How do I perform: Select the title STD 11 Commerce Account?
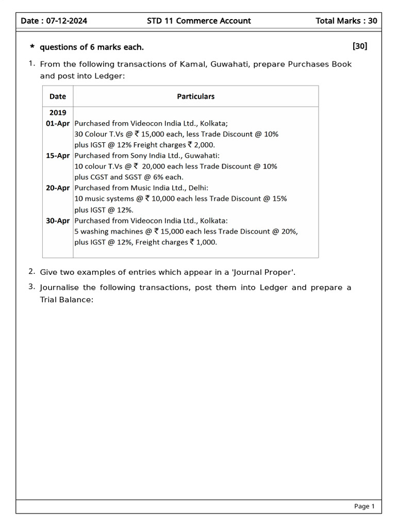[x=199, y=21]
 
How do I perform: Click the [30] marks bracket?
[x=359, y=46]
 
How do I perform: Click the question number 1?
[x=31, y=64]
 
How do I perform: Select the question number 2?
[x=31, y=272]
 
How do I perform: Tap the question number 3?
[x=31, y=287]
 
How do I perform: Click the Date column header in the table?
[x=58, y=96]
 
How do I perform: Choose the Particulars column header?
[x=195, y=96]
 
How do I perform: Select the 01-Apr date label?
[x=58, y=124]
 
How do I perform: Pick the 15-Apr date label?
[x=58, y=156]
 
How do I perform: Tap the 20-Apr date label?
[x=58, y=188]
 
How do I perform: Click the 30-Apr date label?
[x=58, y=221]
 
